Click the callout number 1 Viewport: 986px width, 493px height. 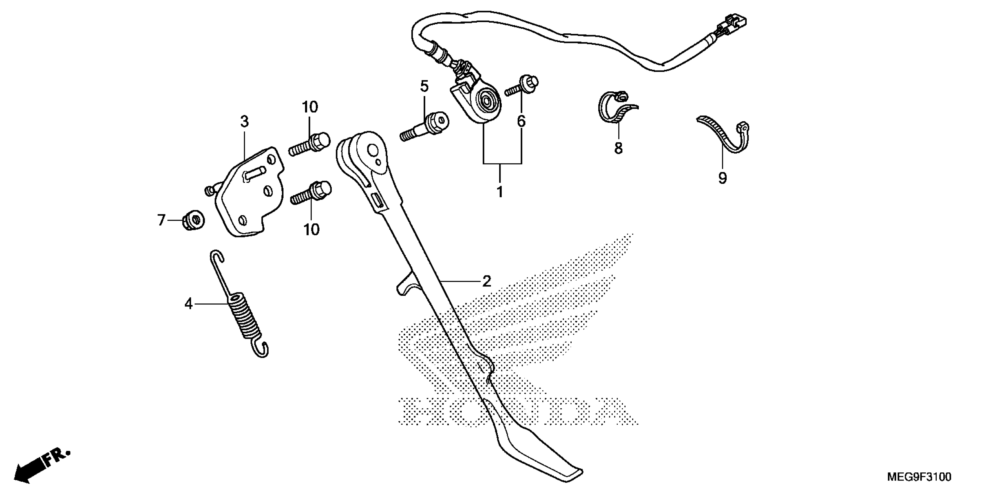[x=499, y=191]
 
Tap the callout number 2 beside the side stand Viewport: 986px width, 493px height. [x=487, y=281]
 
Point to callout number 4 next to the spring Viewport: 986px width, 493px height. [x=188, y=304]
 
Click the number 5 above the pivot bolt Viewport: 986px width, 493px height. [x=424, y=86]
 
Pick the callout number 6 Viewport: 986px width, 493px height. [x=521, y=121]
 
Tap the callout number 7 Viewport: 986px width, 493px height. [x=161, y=220]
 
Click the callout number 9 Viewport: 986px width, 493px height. [x=722, y=178]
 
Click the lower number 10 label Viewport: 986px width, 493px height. [x=311, y=229]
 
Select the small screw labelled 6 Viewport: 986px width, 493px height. [x=523, y=86]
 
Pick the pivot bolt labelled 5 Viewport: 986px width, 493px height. [x=425, y=126]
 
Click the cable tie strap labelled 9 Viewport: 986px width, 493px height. [x=724, y=138]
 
